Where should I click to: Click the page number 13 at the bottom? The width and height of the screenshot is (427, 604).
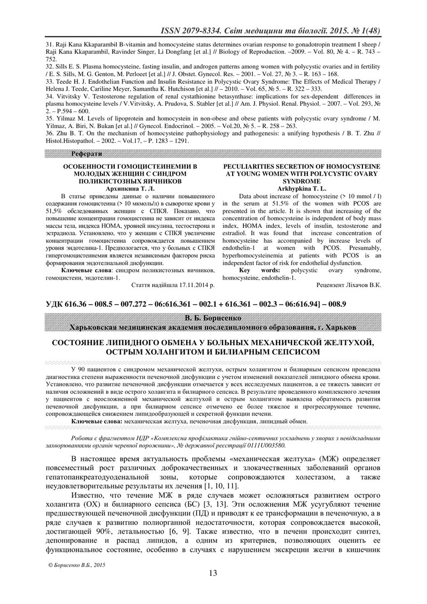coord(213,573)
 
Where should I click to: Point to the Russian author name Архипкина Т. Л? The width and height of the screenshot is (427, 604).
coord(130,189)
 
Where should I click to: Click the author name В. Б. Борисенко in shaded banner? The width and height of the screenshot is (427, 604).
coord(213,317)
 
